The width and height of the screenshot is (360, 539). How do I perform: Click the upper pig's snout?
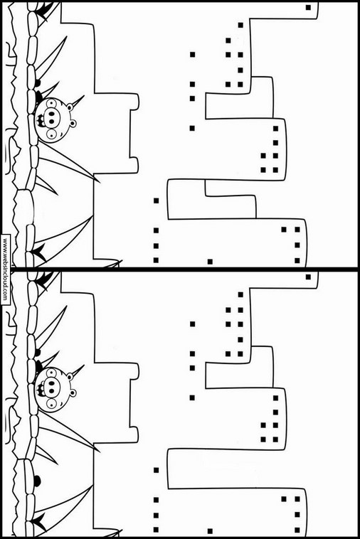[x=51, y=117]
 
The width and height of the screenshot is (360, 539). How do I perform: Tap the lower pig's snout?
[x=51, y=386]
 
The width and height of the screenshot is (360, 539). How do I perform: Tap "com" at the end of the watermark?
[x=5, y=297]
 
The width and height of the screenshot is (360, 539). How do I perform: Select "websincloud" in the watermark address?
[x=6, y=270]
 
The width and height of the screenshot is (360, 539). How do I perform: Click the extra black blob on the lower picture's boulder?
[x=37, y=481]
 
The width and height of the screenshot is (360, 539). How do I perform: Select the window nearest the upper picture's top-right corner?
[x=309, y=7]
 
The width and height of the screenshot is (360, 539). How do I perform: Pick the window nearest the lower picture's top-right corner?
[x=309, y=277]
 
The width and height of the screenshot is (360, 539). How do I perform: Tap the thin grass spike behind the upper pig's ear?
[x=78, y=101]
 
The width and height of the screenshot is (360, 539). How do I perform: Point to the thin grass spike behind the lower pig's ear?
[x=78, y=370]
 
